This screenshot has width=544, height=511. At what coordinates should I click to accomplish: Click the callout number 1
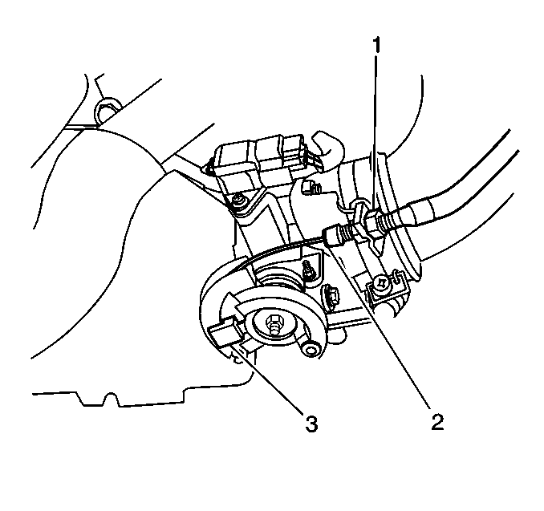[376, 45]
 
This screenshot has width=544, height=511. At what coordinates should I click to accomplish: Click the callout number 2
[437, 422]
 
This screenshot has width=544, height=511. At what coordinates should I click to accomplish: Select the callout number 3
[311, 424]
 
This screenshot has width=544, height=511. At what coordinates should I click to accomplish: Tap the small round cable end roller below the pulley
[310, 348]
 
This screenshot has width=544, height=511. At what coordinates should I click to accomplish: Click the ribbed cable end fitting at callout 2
[337, 233]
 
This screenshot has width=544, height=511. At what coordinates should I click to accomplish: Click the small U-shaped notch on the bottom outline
[111, 399]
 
